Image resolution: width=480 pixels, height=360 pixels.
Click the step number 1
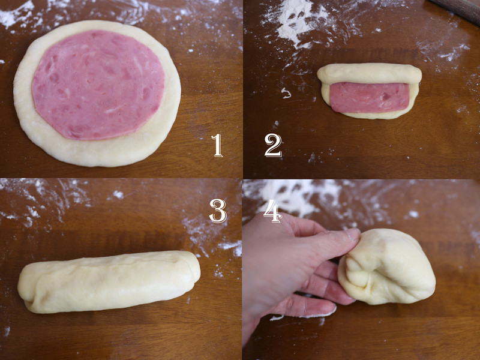pyautogui.click(x=217, y=145)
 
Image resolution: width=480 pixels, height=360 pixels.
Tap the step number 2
pyautogui.click(x=273, y=145)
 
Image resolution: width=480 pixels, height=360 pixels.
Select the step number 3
pyautogui.click(x=218, y=211)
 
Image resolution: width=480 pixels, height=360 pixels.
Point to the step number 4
pyautogui.click(x=272, y=211)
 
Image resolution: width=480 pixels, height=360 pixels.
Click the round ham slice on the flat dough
pyautogui.click(x=98, y=85)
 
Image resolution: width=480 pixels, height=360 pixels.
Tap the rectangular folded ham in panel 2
pyautogui.click(x=370, y=97)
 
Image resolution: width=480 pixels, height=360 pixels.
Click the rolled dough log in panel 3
pyautogui.click(x=109, y=282)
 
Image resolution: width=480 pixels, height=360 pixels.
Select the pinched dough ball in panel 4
pyautogui.click(x=386, y=266)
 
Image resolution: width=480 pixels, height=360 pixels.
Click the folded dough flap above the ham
pyautogui.click(x=370, y=73)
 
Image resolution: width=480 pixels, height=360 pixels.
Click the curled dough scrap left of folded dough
pyautogui.click(x=286, y=93)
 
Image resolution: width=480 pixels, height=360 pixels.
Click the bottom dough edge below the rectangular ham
pyautogui.click(x=370, y=115)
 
